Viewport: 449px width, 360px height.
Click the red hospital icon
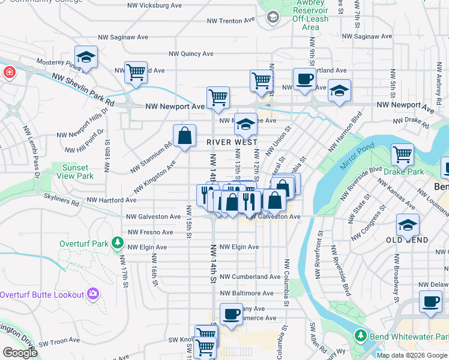click(x=9, y=73)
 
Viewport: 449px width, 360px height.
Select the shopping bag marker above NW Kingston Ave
click(x=185, y=136)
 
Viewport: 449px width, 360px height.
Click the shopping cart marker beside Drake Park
click(x=402, y=155)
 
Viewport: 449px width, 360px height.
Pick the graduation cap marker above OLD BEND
click(x=408, y=226)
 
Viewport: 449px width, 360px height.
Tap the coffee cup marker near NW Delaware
click(x=430, y=302)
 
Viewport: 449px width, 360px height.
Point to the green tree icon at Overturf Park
click(x=118, y=243)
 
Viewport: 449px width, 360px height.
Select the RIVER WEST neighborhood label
click(x=232, y=142)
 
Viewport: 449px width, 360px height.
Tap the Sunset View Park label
click(x=75, y=172)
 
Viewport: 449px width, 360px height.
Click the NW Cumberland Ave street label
click(x=250, y=277)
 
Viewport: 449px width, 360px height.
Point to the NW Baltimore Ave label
click(x=247, y=293)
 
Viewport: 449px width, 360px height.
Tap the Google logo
click(x=20, y=353)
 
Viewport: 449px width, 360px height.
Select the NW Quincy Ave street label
click(x=191, y=53)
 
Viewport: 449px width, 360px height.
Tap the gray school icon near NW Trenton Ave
click(x=273, y=17)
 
